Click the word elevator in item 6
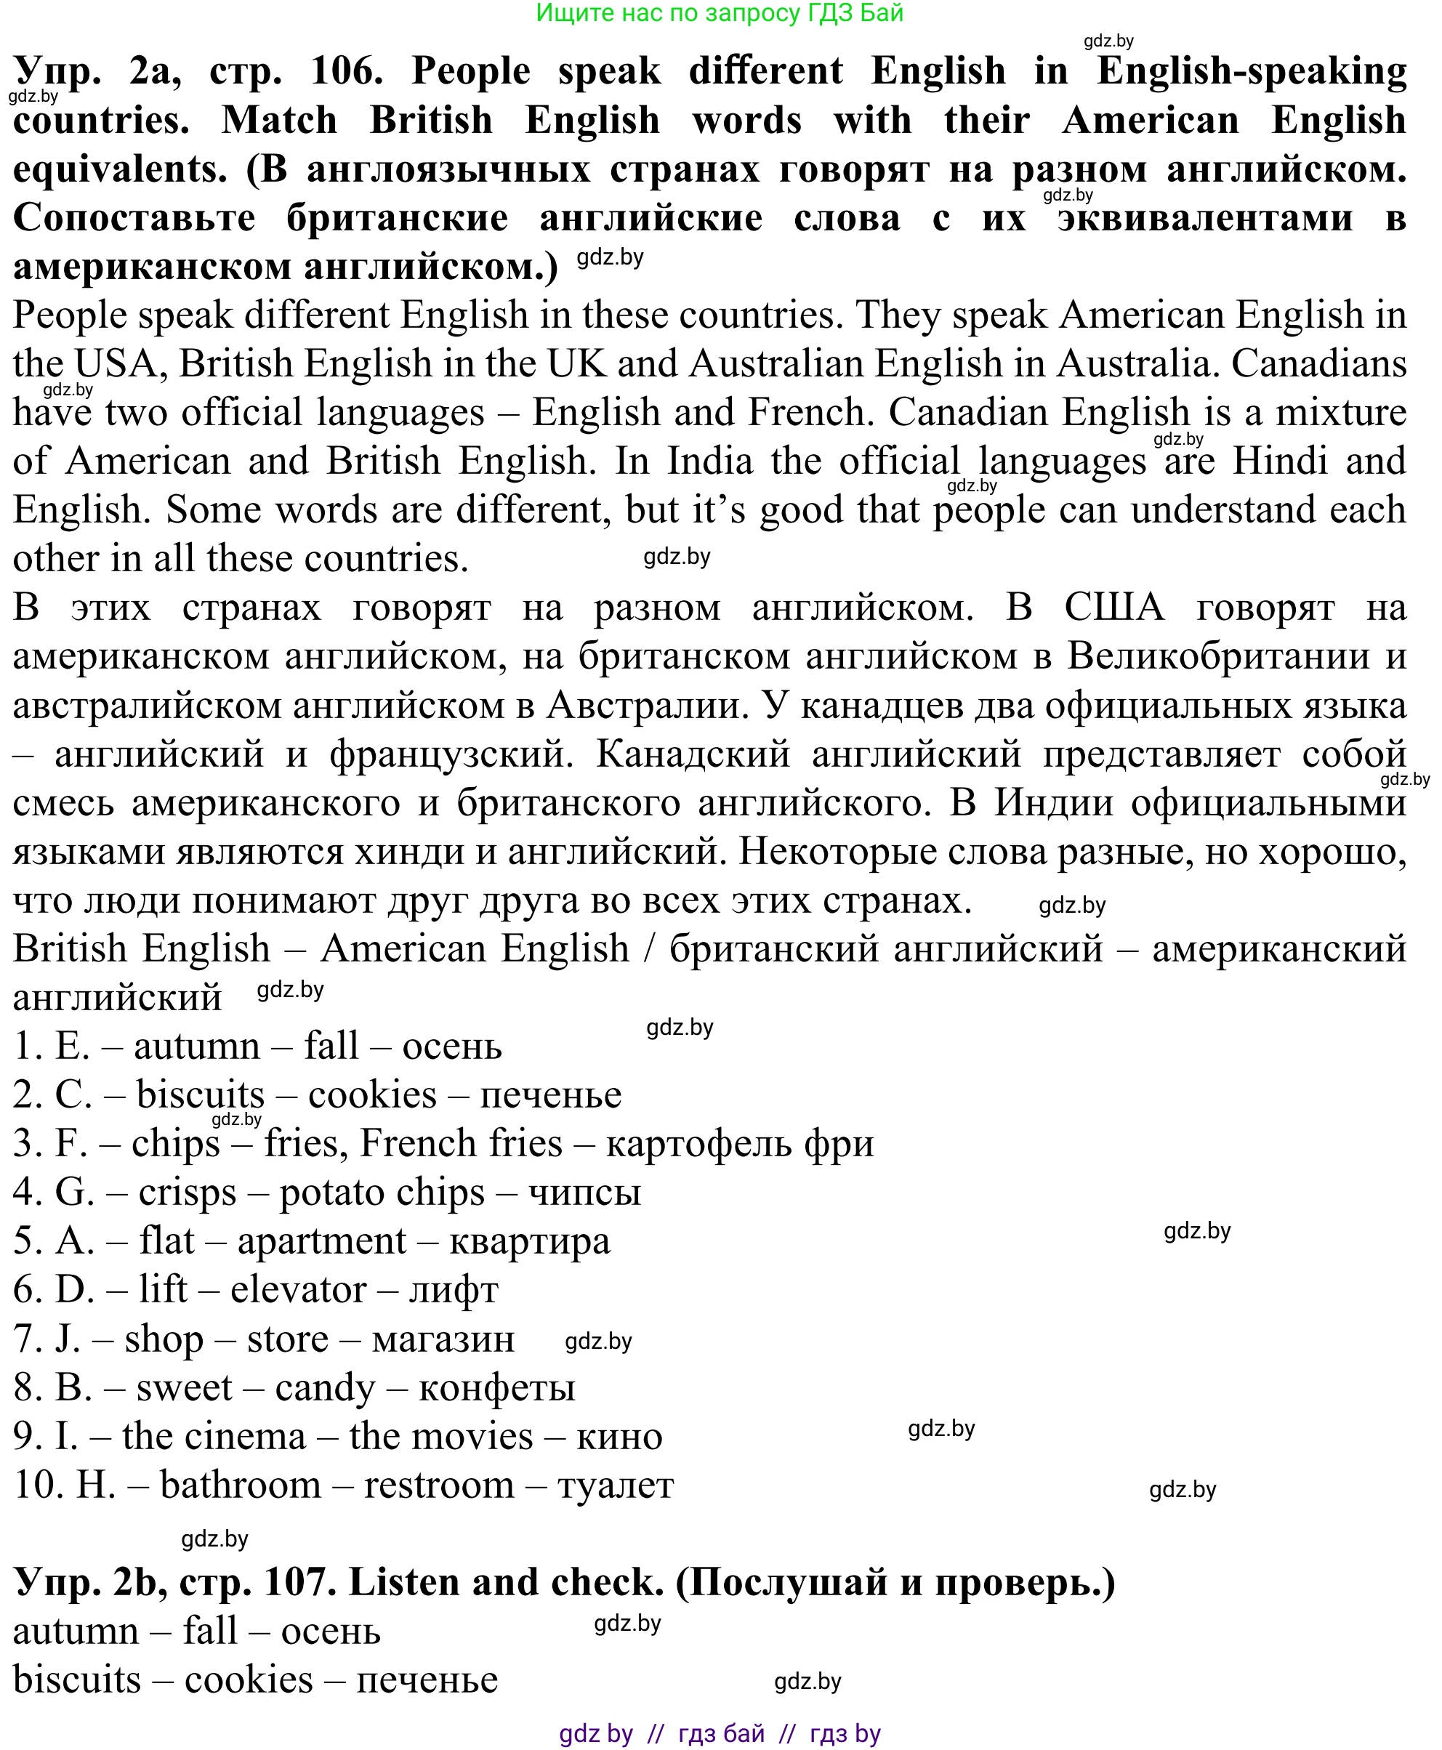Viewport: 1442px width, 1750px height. (297, 1290)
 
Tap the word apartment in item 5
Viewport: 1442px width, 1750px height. (321, 1241)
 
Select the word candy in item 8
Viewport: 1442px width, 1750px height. (325, 1387)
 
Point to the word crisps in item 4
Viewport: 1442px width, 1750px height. (187, 1193)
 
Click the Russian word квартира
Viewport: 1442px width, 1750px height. (529, 1241)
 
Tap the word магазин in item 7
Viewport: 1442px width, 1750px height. (443, 1338)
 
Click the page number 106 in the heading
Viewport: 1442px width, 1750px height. (347, 70)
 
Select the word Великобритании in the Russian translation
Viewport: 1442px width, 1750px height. (1220, 656)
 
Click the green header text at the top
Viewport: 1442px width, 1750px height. (720, 12)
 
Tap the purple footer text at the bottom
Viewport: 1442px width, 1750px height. (720, 1733)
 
